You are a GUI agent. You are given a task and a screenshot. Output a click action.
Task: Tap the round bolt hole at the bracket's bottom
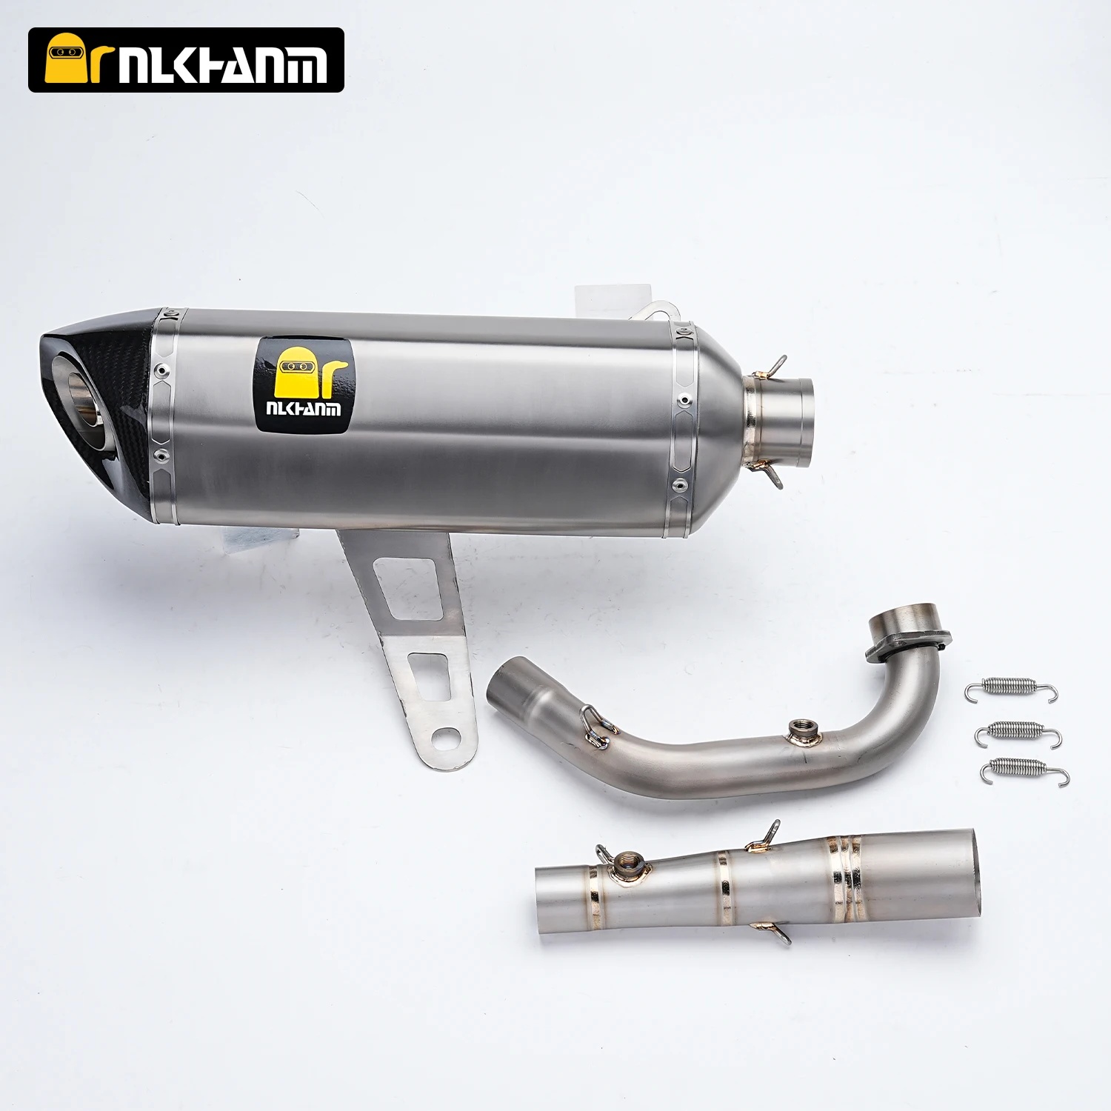pos(446,738)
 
